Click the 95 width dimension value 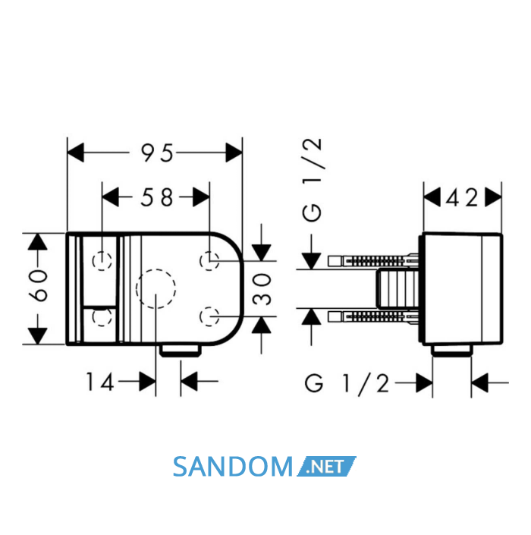pyautogui.click(x=157, y=153)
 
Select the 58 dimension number pyautogui.click(x=157, y=197)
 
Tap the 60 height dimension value pyautogui.click(x=38, y=286)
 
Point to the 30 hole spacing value pyautogui.click(x=262, y=289)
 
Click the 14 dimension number pyautogui.click(x=99, y=382)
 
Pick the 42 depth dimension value pyautogui.click(x=462, y=197)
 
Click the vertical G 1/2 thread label pyautogui.click(x=312, y=179)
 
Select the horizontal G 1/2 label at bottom pyautogui.click(x=347, y=383)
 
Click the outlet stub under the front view pyautogui.click(x=181, y=351)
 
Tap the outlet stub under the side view pyautogui.click(x=451, y=351)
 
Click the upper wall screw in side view pyautogui.click(x=373, y=261)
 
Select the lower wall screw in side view pyautogui.click(x=373, y=316)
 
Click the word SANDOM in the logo pyautogui.click(x=233, y=467)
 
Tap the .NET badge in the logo pyautogui.click(x=326, y=467)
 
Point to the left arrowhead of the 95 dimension pyautogui.click(x=75, y=153)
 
